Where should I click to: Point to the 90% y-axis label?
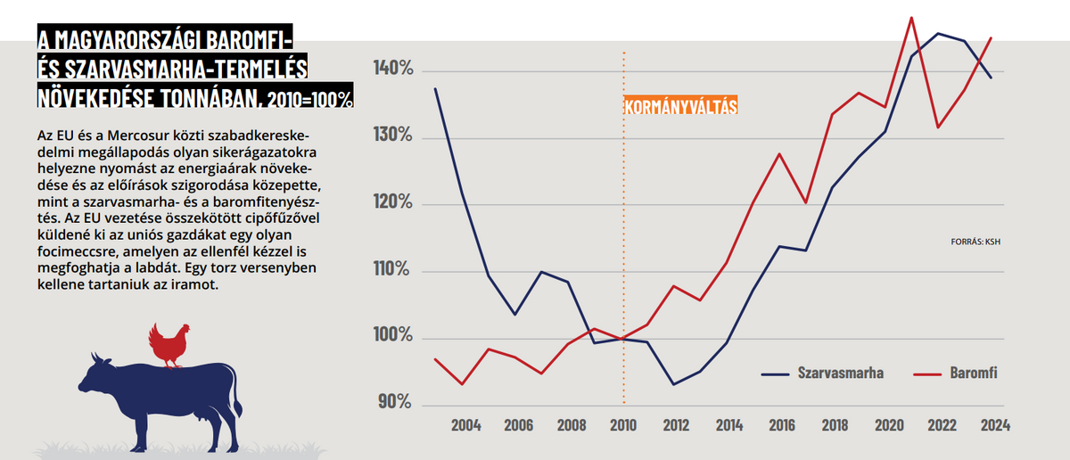(393, 403)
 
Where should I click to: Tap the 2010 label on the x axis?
(623, 425)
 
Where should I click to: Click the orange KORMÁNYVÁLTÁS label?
(681, 107)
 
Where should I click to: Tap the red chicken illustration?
(168, 345)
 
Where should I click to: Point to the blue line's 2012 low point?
(674, 384)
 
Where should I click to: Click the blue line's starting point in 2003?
(435, 88)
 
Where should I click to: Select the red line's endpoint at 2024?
(991, 38)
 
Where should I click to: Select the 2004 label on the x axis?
(466, 425)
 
